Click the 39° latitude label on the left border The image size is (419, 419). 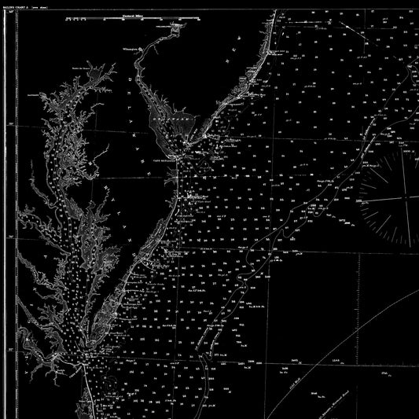coord(9,123)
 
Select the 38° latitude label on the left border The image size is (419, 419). coord(9,236)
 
